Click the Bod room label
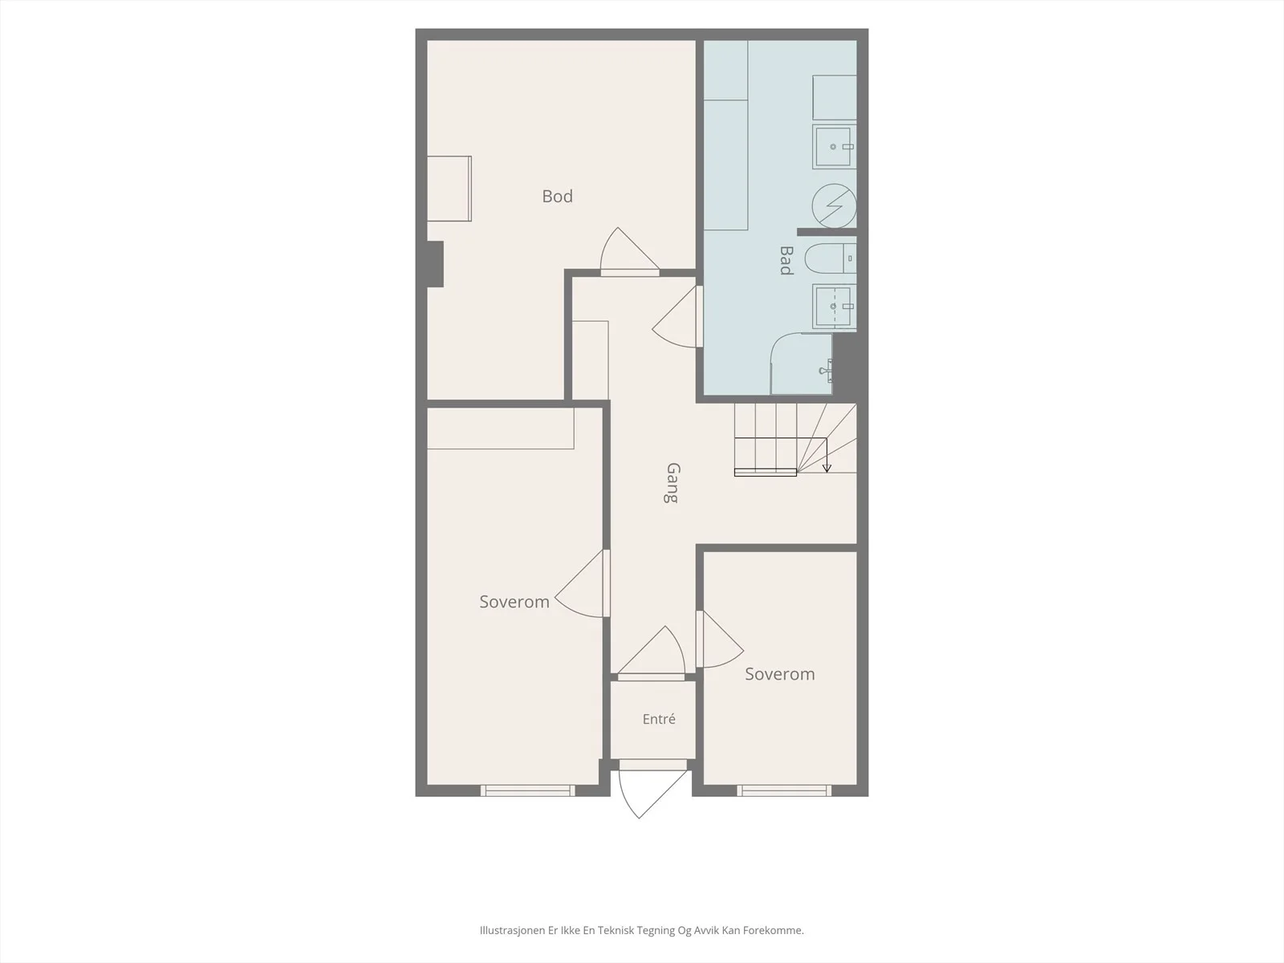(x=557, y=197)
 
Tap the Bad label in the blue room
(x=786, y=260)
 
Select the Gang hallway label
(x=672, y=483)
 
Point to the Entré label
(x=659, y=718)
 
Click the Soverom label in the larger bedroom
(x=514, y=602)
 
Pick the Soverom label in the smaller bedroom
(x=780, y=674)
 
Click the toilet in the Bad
(x=831, y=258)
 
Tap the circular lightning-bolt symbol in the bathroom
(x=834, y=205)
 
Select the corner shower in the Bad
(x=802, y=364)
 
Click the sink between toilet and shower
(x=834, y=306)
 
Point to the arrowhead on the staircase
(x=827, y=468)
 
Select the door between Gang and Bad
(x=677, y=316)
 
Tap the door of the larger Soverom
(x=582, y=583)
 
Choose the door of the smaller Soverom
(x=720, y=639)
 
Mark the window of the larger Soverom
(x=527, y=790)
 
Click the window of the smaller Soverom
(x=784, y=790)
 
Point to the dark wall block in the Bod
(x=435, y=264)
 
